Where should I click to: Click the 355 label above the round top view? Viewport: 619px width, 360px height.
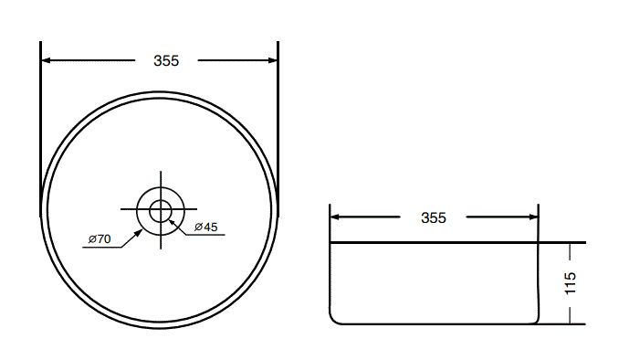pos(165,61)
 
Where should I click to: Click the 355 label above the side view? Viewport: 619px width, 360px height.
pos(434,217)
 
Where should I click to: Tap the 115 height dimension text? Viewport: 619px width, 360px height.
pos(571,281)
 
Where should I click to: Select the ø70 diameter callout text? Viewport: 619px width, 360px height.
pos(100,238)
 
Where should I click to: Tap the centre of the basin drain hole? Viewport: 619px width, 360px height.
pos(161,210)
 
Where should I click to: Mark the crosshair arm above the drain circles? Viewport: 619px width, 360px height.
pos(161,179)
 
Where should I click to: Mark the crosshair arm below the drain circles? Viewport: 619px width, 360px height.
pos(161,241)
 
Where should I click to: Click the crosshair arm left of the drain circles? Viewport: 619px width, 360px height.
pos(128,210)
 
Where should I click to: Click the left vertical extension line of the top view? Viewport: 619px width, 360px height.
pos(41,119)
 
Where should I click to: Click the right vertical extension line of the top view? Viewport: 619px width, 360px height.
pos(278,119)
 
